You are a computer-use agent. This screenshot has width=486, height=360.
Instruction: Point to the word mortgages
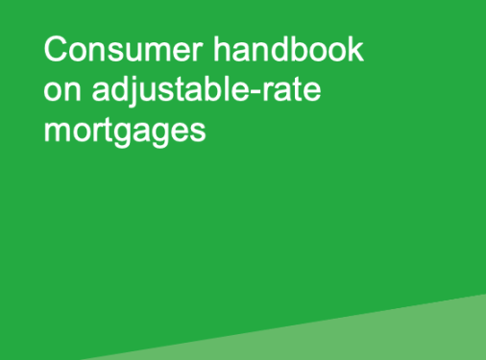[125, 132]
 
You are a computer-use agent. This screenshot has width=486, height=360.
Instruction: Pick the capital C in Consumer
[55, 50]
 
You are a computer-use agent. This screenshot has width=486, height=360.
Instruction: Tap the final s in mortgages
[199, 131]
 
